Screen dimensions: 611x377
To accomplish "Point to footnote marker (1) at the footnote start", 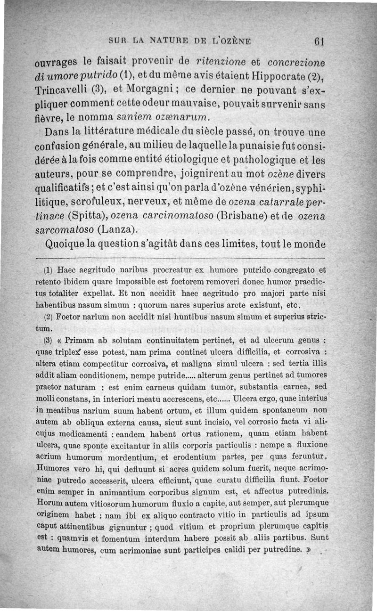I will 48,271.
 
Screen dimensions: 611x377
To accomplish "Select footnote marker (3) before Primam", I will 48,340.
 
